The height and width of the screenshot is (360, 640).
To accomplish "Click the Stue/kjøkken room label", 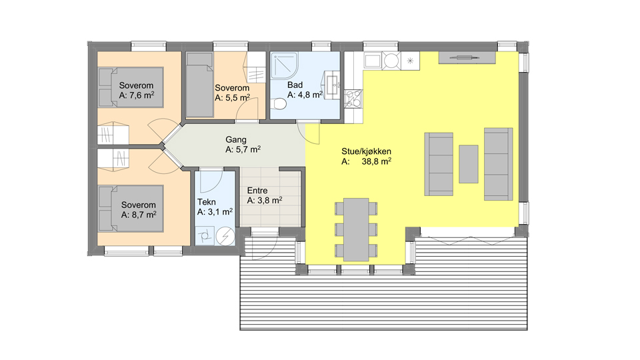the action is point(366,151).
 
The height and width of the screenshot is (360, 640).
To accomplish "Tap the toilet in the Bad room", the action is point(279,104).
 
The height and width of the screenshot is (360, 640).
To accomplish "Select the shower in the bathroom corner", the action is point(285,66).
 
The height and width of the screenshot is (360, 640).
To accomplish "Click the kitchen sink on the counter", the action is point(373,61).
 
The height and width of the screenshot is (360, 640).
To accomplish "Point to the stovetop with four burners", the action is point(353,99).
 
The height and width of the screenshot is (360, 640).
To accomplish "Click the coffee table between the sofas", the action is point(468,164).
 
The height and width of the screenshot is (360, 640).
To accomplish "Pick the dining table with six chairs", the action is point(356,230).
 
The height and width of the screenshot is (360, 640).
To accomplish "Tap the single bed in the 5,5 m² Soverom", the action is point(199,85).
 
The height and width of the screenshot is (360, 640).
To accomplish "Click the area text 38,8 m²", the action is point(376,161).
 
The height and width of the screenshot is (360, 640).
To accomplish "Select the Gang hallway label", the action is point(236,139).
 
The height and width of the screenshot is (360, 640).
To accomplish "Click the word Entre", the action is point(257,191).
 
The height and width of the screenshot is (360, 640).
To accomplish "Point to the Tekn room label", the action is point(207,202).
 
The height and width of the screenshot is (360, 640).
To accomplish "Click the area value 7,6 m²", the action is point(141,95).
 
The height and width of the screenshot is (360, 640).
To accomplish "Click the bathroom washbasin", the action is point(333,85).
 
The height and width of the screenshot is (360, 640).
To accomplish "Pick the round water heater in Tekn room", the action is point(225,236).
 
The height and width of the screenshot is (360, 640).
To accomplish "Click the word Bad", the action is point(295,85).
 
